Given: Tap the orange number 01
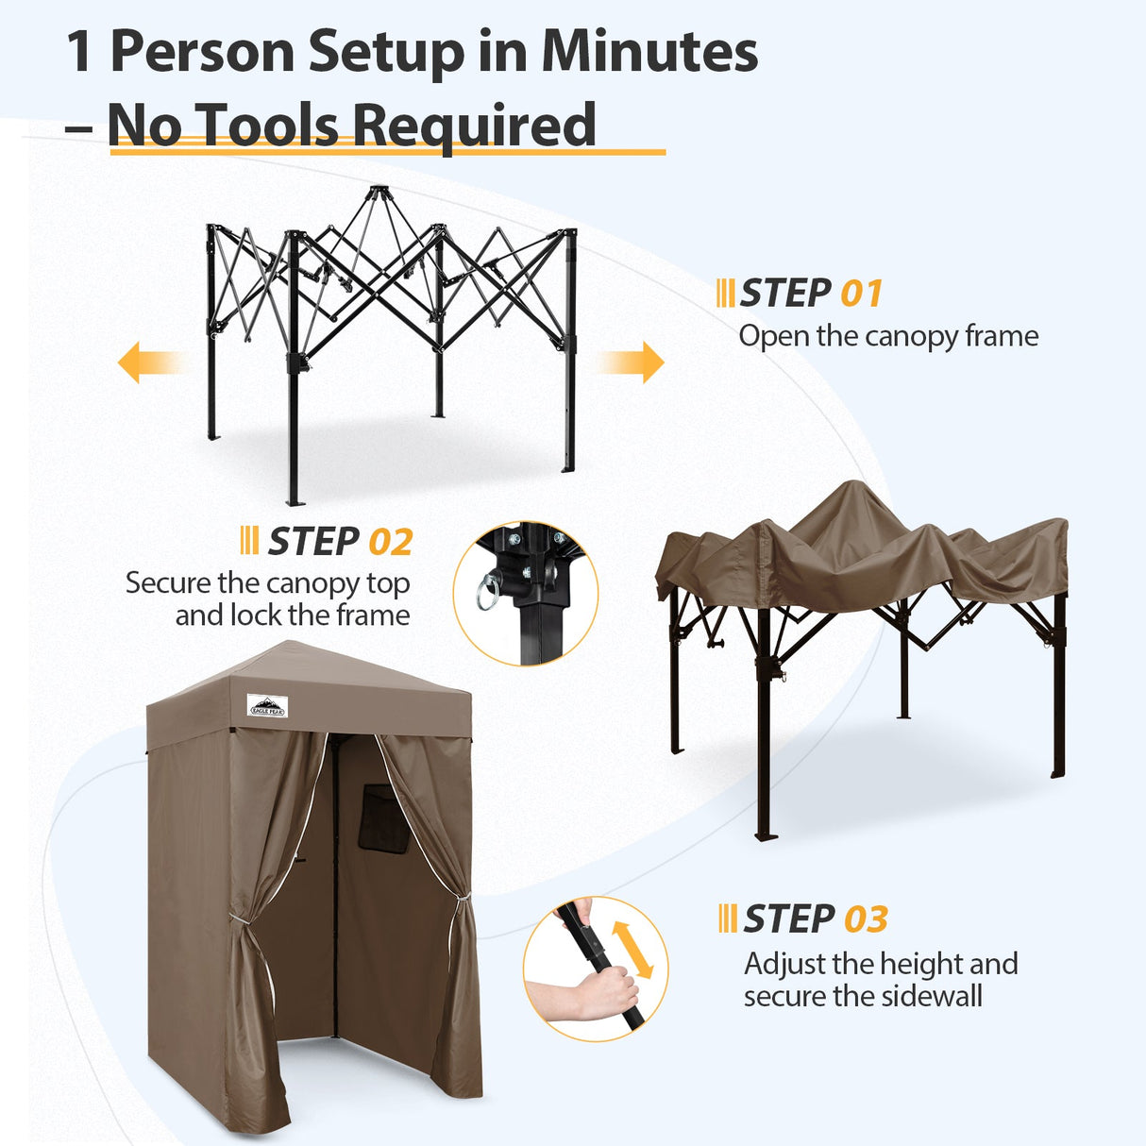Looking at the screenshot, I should click(x=861, y=294).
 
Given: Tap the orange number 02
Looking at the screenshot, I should click(x=390, y=543).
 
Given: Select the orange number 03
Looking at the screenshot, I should click(x=865, y=919).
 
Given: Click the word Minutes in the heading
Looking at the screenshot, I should click(x=649, y=52).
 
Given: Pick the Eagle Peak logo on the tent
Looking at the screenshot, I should click(x=267, y=705).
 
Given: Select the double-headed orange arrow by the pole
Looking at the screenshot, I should click(x=632, y=949).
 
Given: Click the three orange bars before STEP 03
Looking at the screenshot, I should click(x=727, y=918).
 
